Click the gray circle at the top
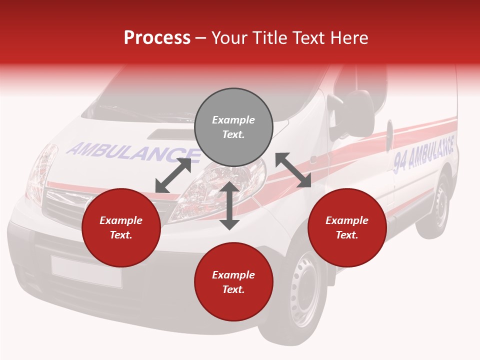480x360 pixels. click(x=233, y=127)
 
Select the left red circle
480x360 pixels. click(x=121, y=228)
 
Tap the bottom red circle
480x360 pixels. click(x=233, y=282)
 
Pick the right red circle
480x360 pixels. click(x=347, y=228)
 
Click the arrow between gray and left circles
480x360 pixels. click(x=173, y=175)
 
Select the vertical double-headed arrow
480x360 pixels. click(x=229, y=206)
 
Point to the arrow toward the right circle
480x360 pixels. click(x=293, y=170)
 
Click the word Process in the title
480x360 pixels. click(x=157, y=37)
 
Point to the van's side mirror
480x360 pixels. click(x=356, y=110)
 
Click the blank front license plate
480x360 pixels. click(x=86, y=271)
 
